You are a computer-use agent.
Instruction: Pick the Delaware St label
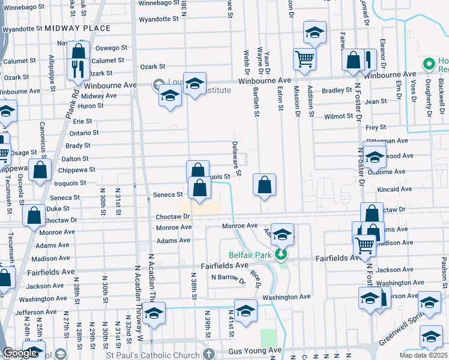[x=235, y=158]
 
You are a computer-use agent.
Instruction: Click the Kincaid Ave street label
[x=395, y=189]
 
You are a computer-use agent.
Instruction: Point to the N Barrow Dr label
[x=228, y=278]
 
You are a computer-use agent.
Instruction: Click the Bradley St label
[x=337, y=91]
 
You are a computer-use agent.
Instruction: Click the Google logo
[x=20, y=353]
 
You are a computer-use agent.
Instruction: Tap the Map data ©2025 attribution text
[x=424, y=355]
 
